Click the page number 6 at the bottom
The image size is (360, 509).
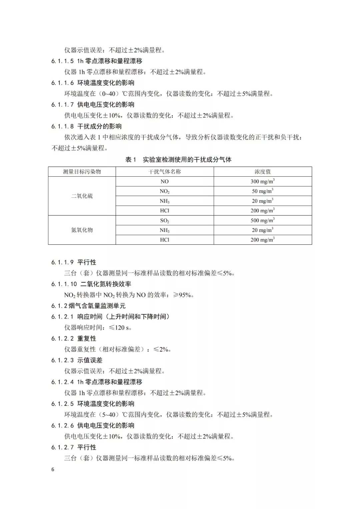click(53, 470)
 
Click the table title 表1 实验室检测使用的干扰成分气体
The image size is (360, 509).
click(178, 160)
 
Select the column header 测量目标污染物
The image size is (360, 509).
click(82, 172)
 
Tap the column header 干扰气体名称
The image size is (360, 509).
click(165, 172)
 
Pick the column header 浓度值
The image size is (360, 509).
click(263, 172)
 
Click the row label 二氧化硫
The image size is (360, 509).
click(82, 196)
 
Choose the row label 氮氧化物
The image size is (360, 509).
click(82, 230)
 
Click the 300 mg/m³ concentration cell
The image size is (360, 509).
click(263, 181)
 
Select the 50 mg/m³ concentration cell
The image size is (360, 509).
click(263, 191)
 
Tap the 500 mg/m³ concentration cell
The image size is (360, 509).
click(263, 220)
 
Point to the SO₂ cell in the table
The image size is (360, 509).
click(165, 221)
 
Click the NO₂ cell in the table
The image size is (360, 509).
click(165, 191)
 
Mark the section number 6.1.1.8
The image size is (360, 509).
click(62, 126)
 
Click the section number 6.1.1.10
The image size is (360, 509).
click(64, 284)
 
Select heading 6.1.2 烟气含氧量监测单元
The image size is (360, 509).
click(88, 306)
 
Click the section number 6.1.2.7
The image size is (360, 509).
click(62, 447)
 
